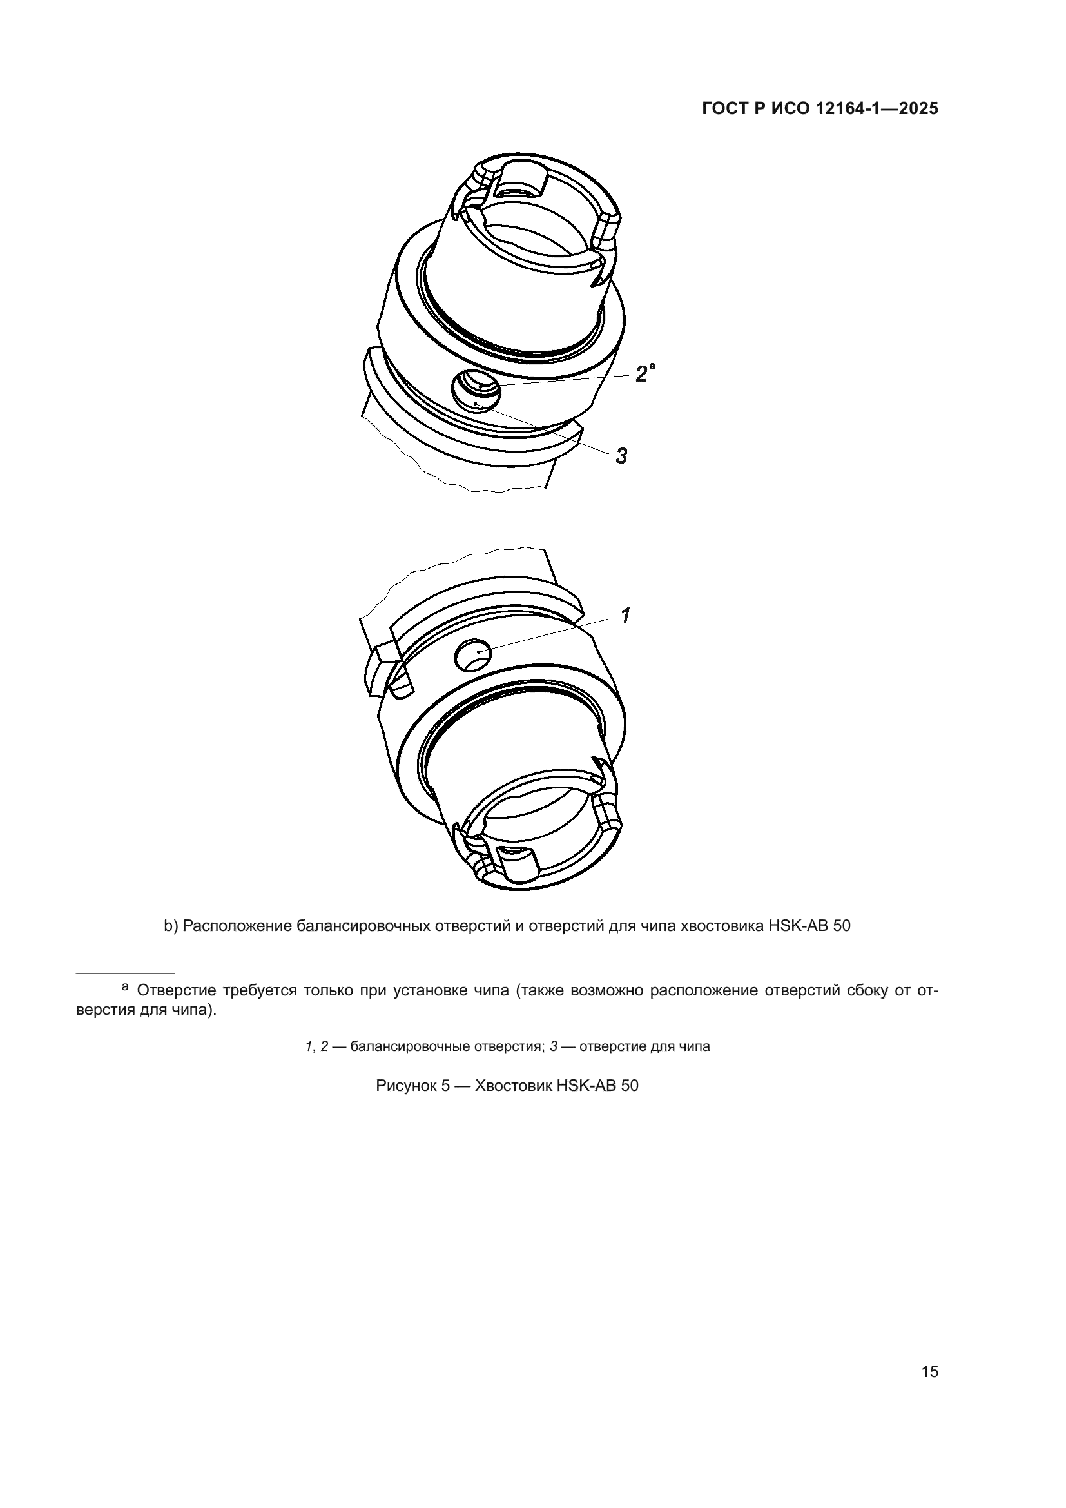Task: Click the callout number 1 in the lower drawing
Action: click(626, 616)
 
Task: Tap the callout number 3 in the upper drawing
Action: click(621, 456)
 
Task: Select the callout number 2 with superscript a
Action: click(645, 373)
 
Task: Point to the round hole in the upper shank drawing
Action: click(476, 390)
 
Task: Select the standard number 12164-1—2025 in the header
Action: click(877, 109)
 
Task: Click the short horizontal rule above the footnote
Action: click(126, 973)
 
